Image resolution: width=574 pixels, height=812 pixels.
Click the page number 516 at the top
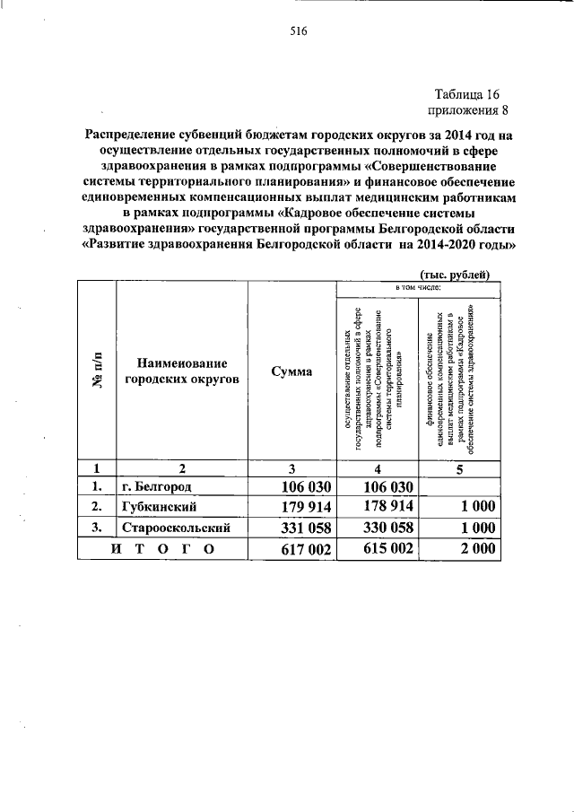click(299, 32)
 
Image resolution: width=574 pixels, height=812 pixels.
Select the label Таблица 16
click(465, 94)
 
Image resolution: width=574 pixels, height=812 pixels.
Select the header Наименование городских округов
click(182, 371)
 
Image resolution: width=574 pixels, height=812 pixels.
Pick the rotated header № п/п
click(96, 371)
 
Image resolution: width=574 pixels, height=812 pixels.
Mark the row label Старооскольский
click(177, 528)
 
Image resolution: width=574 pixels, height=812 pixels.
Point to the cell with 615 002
click(376, 550)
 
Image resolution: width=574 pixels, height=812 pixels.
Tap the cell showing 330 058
click(376, 528)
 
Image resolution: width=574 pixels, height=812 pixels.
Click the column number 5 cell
click(458, 467)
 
